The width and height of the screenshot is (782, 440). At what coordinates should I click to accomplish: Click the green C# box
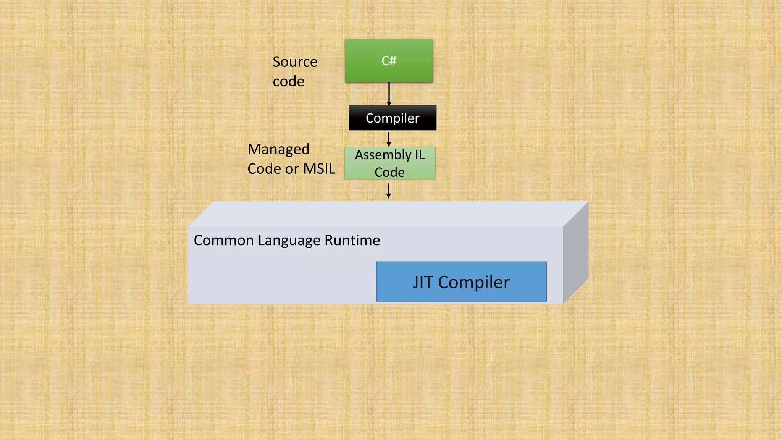[389, 61]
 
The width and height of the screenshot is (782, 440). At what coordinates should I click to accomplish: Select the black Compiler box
[393, 118]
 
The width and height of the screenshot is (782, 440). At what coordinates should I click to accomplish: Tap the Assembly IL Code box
[389, 163]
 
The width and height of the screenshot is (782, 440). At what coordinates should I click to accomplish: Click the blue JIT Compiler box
[461, 282]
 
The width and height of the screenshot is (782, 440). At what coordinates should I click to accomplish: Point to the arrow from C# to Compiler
[389, 94]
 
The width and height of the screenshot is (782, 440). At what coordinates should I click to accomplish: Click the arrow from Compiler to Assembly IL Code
[389, 139]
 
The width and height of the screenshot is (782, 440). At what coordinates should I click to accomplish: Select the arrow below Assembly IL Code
[389, 191]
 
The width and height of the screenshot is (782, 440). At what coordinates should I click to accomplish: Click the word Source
[295, 62]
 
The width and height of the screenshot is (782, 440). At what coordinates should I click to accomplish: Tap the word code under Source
[289, 81]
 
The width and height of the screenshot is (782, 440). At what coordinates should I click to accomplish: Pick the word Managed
[278, 149]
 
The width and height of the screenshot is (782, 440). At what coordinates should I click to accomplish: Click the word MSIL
[319, 169]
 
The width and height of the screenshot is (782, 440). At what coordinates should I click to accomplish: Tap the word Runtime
[352, 240]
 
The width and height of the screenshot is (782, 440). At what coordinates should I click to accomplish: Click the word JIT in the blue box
[423, 282]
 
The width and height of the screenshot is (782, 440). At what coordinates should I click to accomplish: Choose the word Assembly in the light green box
[383, 155]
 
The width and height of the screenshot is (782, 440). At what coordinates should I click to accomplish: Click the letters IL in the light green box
[420, 155]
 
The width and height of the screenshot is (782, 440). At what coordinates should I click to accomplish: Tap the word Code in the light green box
[389, 172]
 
